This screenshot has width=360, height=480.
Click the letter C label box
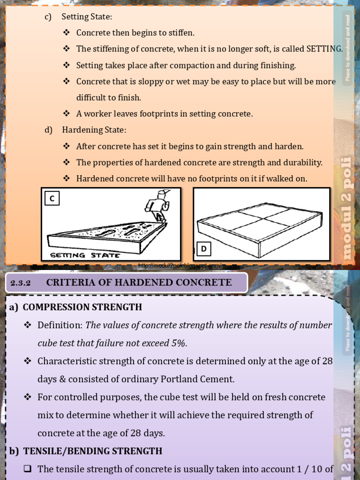pos(52,199)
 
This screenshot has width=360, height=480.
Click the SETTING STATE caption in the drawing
pos(85,255)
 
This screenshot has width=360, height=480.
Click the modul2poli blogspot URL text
pos(180,266)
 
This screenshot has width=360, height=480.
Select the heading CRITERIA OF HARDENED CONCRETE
pos(139,282)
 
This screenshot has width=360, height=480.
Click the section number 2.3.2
pos(20,283)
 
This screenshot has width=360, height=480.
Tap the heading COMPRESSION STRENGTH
pos(82,307)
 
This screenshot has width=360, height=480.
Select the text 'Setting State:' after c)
pos(87,17)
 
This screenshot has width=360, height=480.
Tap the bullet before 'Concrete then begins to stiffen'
pos(66,33)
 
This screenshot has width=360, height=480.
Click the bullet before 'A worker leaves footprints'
pos(66,113)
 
